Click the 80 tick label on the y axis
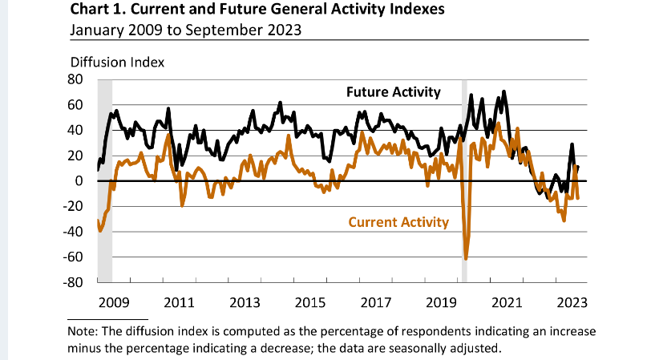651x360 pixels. (x=76, y=79)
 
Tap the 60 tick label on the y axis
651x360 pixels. (x=76, y=105)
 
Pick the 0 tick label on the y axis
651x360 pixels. (x=80, y=181)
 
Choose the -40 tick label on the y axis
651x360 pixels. (x=74, y=232)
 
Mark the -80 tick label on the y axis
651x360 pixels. (x=74, y=282)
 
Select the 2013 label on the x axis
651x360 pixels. (x=244, y=303)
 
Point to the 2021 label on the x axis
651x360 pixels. (x=506, y=303)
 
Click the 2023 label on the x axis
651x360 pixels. (x=572, y=303)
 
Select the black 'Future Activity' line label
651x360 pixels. (x=393, y=92)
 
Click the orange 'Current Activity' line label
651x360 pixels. (x=398, y=222)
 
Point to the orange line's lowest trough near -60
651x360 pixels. (x=466, y=258)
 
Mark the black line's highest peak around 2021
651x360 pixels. (x=503, y=91)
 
